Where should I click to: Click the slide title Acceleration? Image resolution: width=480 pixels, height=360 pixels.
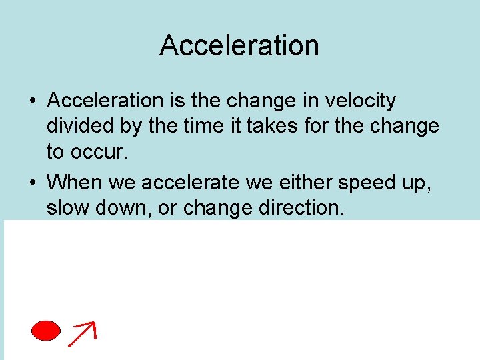239,45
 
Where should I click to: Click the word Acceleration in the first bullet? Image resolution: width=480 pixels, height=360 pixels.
105,101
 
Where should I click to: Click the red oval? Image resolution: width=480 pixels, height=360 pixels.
47,330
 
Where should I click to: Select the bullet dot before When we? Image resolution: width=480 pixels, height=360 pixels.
32,181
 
